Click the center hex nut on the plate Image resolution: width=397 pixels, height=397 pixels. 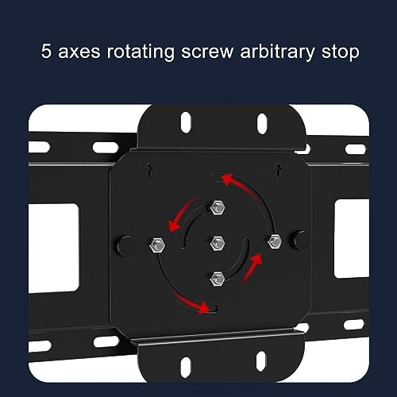click(x=218, y=243)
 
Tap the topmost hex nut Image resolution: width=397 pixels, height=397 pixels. click(x=218, y=207)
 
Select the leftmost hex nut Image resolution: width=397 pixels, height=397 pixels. click(x=157, y=245)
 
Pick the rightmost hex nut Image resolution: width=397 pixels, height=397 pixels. click(x=275, y=241)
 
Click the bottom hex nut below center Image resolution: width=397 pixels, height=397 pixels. click(x=218, y=279)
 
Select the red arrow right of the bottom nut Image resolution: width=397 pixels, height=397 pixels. click(x=252, y=268)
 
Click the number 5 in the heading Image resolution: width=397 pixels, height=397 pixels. click(x=46, y=51)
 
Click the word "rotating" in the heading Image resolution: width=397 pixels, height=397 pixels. click(x=141, y=52)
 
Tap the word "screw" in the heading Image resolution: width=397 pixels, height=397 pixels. click(x=207, y=52)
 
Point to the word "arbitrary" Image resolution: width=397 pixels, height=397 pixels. click(x=277, y=52)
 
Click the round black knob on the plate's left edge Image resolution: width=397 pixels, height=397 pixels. click(x=124, y=246)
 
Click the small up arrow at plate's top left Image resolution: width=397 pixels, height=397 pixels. click(x=150, y=171)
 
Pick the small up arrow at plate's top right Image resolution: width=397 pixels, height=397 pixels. click(x=278, y=170)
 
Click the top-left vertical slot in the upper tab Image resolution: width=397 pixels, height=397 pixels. click(x=186, y=122)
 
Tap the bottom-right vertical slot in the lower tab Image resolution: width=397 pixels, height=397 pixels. click(x=261, y=361)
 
